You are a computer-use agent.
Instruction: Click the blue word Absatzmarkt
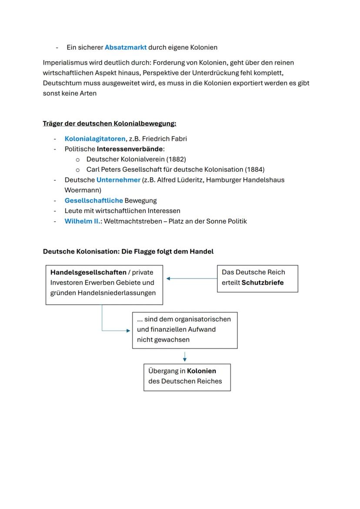125,47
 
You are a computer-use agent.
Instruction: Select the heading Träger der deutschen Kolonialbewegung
109,123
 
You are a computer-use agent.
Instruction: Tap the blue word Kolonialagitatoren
95,139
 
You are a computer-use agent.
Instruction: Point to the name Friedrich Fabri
164,139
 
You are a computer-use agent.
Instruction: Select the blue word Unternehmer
118,180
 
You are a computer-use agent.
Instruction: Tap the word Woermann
81,190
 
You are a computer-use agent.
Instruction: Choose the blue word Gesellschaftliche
93,200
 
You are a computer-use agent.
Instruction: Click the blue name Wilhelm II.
82,221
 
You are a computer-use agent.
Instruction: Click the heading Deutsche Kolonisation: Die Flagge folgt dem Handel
128,251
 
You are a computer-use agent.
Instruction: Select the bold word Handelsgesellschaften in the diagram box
88,272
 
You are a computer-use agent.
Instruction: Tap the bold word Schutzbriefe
262,283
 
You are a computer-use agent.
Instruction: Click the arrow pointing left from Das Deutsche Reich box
191,279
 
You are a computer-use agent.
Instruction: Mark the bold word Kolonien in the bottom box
201,371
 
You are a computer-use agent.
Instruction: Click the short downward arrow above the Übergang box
185,356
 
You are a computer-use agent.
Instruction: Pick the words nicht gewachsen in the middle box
163,339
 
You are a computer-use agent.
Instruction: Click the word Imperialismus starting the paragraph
63,63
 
